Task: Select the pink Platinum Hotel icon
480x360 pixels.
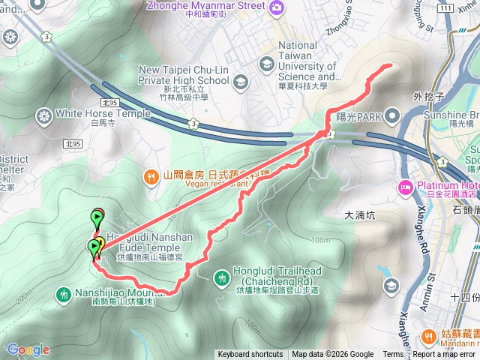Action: (x=406, y=187)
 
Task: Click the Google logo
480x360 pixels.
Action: (x=28, y=349)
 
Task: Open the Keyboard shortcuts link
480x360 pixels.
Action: (x=250, y=355)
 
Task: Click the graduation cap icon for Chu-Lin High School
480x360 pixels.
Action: (x=241, y=81)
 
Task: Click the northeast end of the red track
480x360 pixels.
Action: (x=390, y=66)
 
